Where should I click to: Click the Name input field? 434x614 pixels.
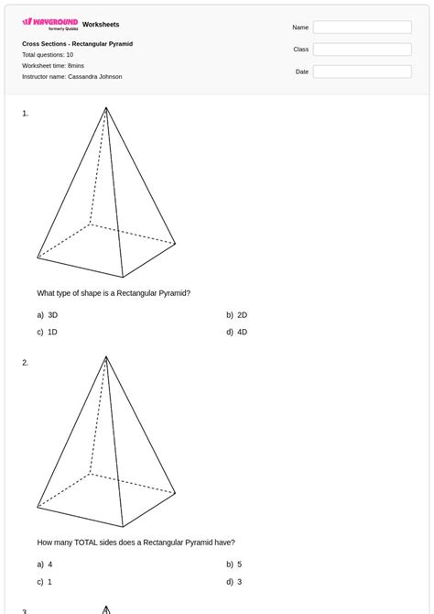[x=362, y=27]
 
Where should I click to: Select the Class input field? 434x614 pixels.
[x=362, y=49]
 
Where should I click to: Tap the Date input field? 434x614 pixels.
[x=362, y=71]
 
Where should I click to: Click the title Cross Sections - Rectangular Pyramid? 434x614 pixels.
[x=77, y=44]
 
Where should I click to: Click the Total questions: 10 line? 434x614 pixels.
[x=48, y=55]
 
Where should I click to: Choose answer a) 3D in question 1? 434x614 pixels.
[x=48, y=314]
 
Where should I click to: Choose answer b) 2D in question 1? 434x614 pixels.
[x=237, y=314]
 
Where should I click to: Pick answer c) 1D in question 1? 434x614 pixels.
[x=48, y=332]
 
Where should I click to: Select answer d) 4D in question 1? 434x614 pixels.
[x=237, y=332]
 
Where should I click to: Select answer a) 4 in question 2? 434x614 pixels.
[x=45, y=565]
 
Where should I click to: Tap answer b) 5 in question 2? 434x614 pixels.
[x=234, y=565]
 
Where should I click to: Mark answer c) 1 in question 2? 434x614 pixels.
[x=45, y=582]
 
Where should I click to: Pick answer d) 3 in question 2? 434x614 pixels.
[x=234, y=582]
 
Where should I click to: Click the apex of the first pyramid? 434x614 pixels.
[x=106, y=108]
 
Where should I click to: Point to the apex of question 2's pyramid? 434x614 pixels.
[x=106, y=357]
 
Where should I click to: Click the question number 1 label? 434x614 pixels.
[x=26, y=114]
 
